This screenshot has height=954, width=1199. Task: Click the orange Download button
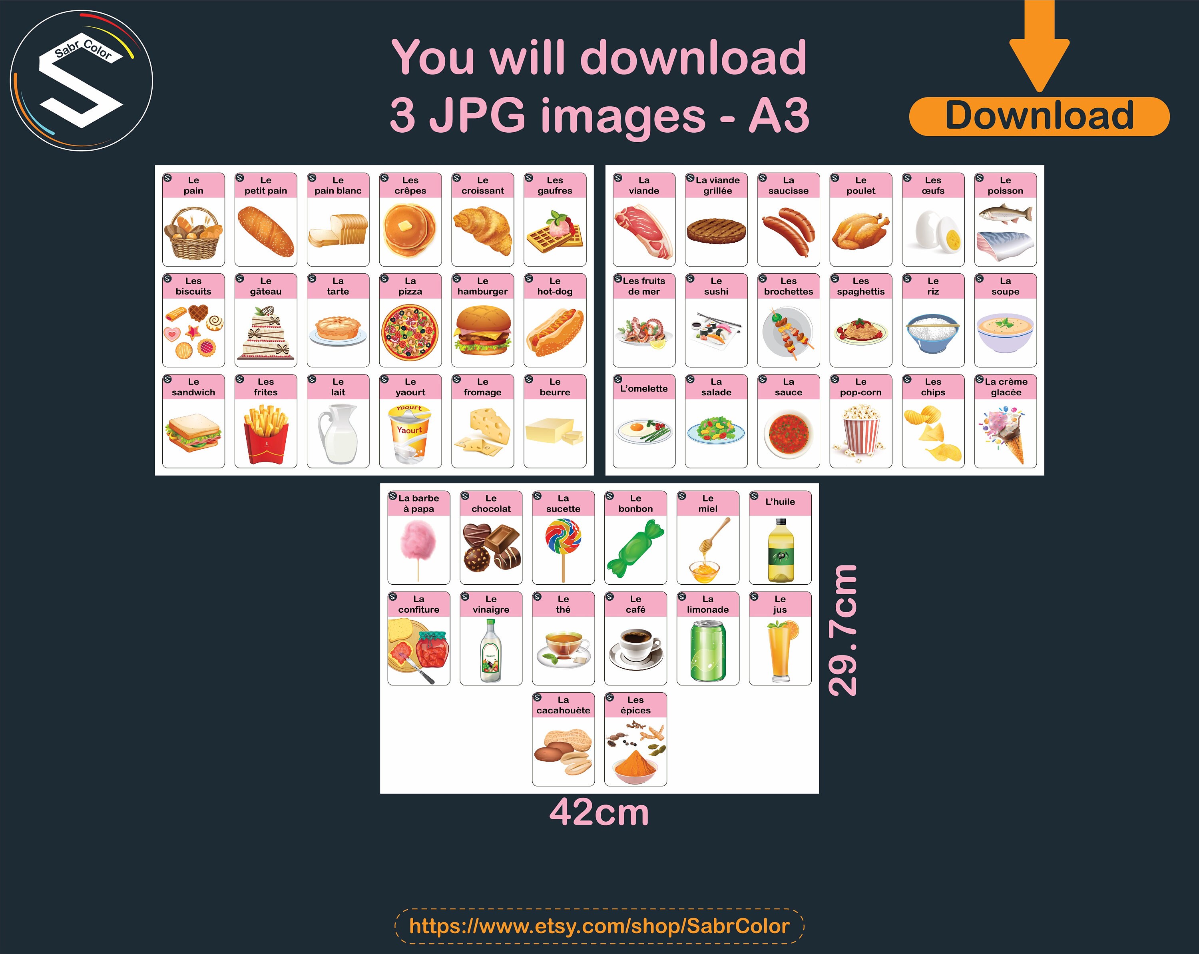tap(1039, 116)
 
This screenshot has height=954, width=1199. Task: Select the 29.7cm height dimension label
tap(843, 630)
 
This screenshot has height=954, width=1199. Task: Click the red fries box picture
tap(266, 434)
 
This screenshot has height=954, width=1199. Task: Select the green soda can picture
tap(707, 650)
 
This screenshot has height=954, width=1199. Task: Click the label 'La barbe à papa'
tap(419, 504)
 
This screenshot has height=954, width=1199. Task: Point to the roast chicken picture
tap(860, 231)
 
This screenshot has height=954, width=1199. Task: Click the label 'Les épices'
tap(635, 705)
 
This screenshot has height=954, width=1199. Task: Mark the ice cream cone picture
tap(1006, 434)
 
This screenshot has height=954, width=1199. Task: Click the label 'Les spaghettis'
tap(860, 286)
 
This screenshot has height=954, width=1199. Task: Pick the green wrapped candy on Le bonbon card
tap(635, 548)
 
